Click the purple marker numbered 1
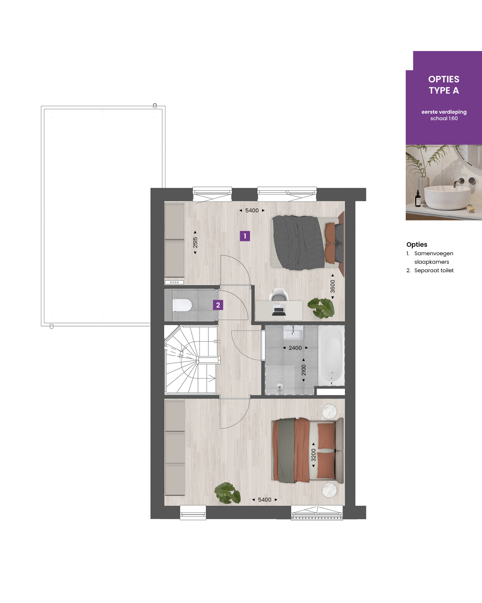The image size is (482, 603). point(245,236)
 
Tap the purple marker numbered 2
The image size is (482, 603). point(218,305)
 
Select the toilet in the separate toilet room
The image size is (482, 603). point(182,305)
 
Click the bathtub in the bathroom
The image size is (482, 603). point(332,356)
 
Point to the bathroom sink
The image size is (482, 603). point(293,332)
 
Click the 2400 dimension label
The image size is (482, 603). point(295,348)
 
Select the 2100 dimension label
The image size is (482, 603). point(303,370)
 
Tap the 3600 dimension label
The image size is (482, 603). point(333,286)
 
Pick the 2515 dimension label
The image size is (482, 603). point(195,243)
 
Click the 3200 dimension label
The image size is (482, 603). point(314,455)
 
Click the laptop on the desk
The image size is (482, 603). point(279,311)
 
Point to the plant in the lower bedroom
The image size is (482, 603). point(228,493)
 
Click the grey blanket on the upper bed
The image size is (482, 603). point(298,243)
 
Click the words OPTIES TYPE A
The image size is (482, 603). point(444,85)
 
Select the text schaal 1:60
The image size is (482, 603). point(444,118)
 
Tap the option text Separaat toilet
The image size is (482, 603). point(434,270)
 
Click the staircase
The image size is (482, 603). point(190,359)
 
